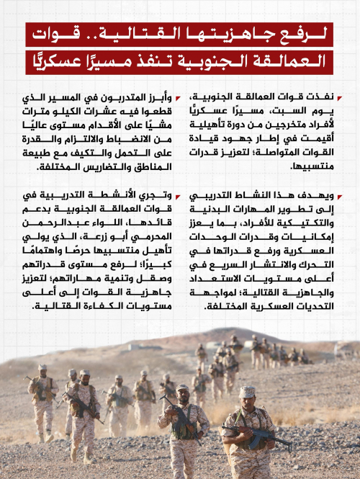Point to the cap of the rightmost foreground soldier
click(248, 392)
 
